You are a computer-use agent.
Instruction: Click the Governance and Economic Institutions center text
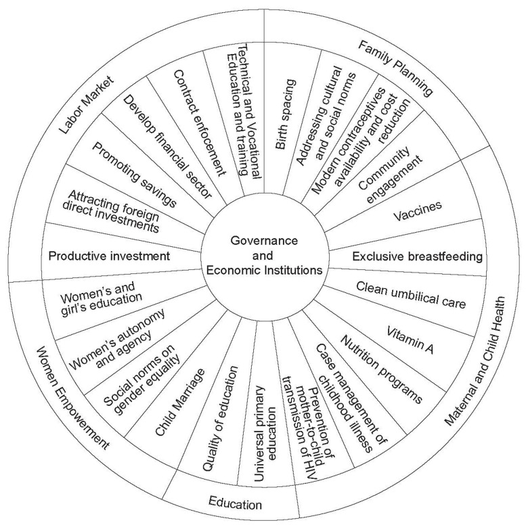(x=263, y=257)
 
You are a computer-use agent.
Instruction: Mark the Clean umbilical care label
(x=411, y=295)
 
